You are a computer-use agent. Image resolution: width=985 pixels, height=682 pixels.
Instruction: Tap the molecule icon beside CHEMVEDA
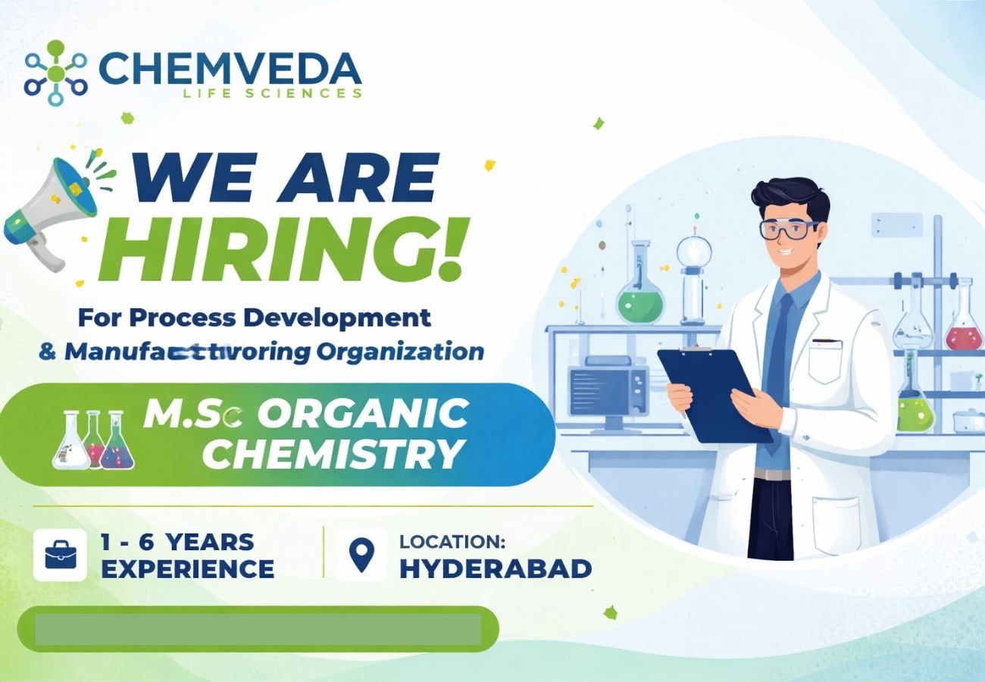pyautogui.click(x=56, y=73)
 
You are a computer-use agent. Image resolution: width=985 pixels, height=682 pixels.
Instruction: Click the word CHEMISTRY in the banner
pyautogui.click(x=333, y=454)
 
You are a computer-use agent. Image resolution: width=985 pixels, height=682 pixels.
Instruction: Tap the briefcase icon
pyautogui.click(x=60, y=555)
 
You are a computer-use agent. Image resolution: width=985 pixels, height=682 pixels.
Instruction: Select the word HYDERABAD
pyautogui.click(x=496, y=568)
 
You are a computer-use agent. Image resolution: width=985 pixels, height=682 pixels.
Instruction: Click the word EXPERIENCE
pyautogui.click(x=187, y=568)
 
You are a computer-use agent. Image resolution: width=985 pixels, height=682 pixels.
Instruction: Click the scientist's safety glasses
pyautogui.click(x=788, y=228)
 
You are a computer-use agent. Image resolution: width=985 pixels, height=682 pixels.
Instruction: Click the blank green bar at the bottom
pyautogui.click(x=258, y=629)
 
